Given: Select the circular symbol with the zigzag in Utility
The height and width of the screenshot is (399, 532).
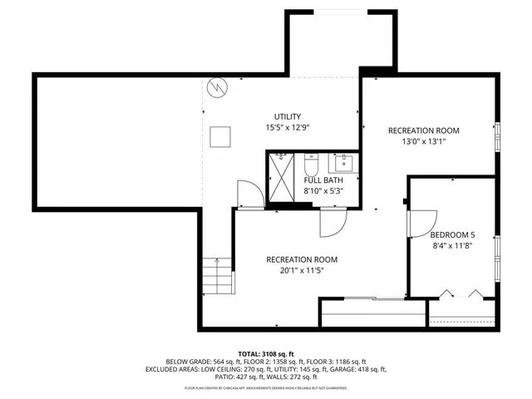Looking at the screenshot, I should [218, 86].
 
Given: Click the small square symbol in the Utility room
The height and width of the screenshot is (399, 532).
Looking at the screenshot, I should [219, 135].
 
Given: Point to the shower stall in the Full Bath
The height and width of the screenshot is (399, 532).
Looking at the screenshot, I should [280, 175].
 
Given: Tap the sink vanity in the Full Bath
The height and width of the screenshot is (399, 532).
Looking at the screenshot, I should [342, 161].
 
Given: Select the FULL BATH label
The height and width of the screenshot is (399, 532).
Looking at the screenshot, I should [323, 180].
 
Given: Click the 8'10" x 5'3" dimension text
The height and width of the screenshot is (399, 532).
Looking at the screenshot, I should [323, 191].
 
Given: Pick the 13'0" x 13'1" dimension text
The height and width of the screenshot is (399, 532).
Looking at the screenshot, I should [423, 141].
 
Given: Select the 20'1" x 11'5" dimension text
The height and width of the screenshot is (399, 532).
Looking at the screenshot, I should [302, 271].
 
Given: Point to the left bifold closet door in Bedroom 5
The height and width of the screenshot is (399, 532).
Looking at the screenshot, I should [447, 293].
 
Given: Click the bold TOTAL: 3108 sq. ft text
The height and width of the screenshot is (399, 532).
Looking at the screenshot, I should [266, 353].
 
